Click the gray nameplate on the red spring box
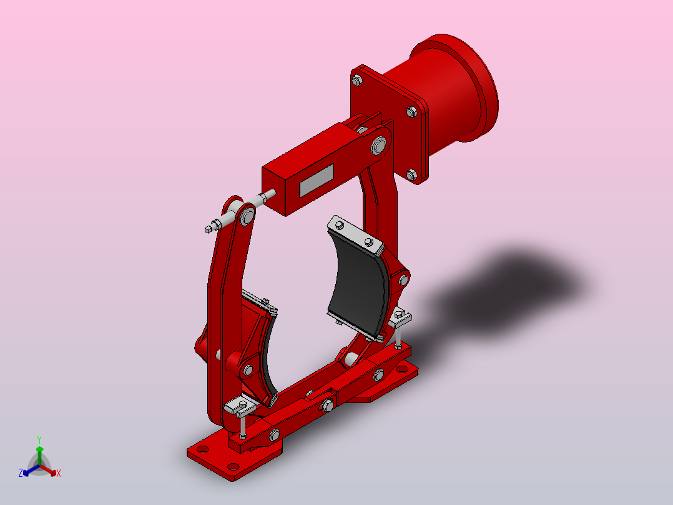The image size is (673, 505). click(317, 181)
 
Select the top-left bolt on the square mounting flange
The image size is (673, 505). click(356, 79)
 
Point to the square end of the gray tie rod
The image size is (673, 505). click(208, 229)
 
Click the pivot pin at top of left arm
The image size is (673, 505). click(247, 216)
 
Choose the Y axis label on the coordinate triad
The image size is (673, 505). click(39, 439)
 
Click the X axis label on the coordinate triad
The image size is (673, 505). click(59, 474)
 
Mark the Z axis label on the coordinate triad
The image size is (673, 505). click(21, 474)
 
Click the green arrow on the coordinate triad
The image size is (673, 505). click(39, 451)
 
